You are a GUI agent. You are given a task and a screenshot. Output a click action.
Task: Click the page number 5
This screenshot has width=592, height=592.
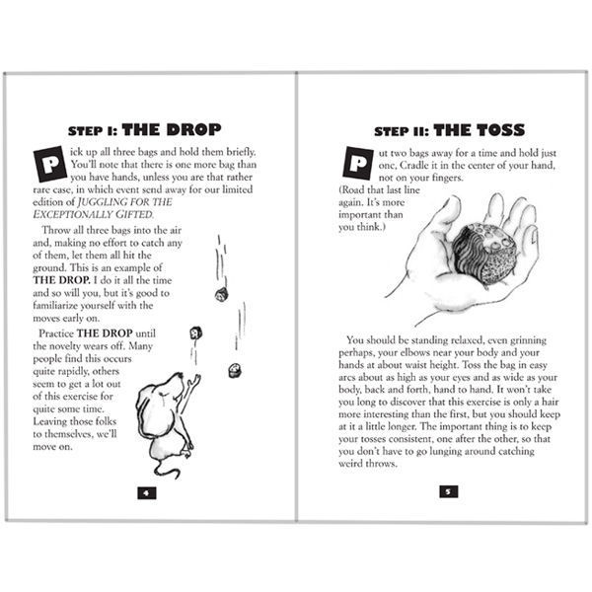(x=445, y=490)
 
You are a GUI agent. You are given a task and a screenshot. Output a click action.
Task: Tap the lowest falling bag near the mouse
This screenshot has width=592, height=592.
(x=235, y=370)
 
